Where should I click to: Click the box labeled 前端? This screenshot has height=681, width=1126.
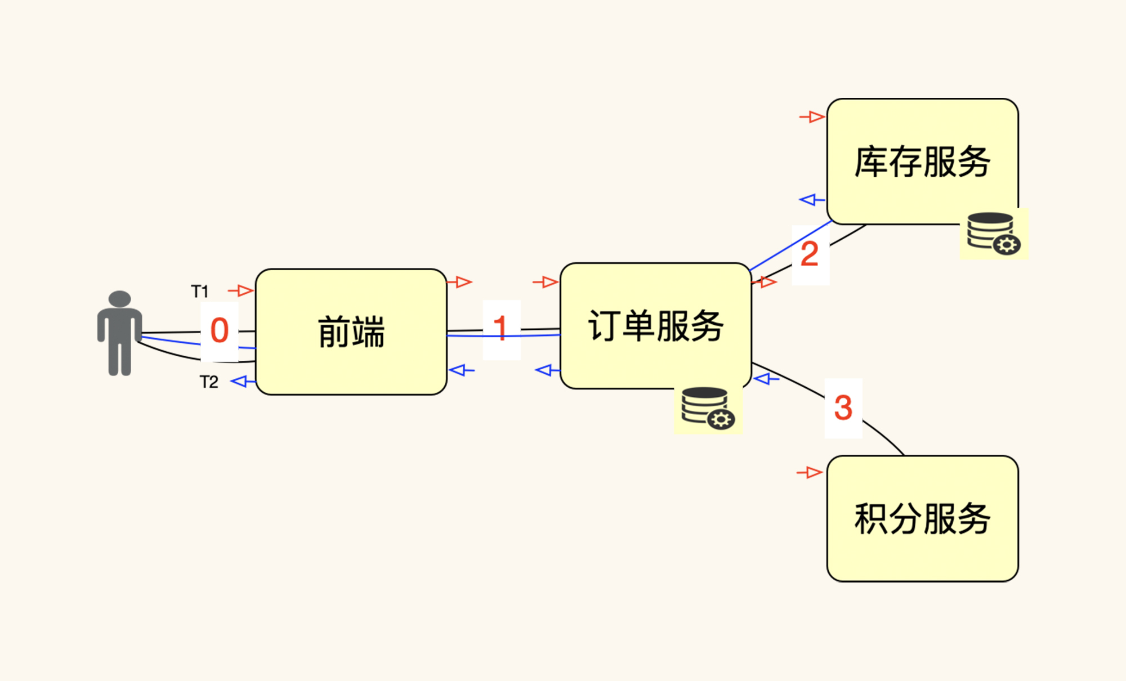(351, 331)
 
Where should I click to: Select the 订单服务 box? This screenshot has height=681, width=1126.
(655, 325)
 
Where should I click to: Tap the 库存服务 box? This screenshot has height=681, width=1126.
(922, 162)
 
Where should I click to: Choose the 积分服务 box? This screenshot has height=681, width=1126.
(922, 518)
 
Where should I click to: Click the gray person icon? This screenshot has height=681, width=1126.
(119, 333)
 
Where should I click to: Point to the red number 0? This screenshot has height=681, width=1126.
(220, 330)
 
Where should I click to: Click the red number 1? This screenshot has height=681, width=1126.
(501, 328)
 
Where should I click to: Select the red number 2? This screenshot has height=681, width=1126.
(810, 254)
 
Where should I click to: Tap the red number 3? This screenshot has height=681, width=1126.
(843, 407)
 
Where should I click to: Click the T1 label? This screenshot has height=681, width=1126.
(200, 292)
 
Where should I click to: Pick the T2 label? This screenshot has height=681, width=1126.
(209, 382)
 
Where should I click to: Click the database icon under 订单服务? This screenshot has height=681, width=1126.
(707, 409)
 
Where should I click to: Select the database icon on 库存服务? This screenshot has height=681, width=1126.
(994, 233)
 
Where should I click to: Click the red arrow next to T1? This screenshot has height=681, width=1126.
(242, 290)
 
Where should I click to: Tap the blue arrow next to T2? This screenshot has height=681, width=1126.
(243, 382)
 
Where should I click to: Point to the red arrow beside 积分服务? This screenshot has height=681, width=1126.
(810, 473)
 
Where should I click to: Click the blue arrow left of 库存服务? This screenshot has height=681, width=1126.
(812, 200)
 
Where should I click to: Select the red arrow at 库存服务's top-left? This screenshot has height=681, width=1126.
(812, 117)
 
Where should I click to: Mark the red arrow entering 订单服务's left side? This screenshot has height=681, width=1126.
(546, 281)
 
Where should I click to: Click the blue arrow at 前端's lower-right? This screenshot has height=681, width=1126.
(462, 370)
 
